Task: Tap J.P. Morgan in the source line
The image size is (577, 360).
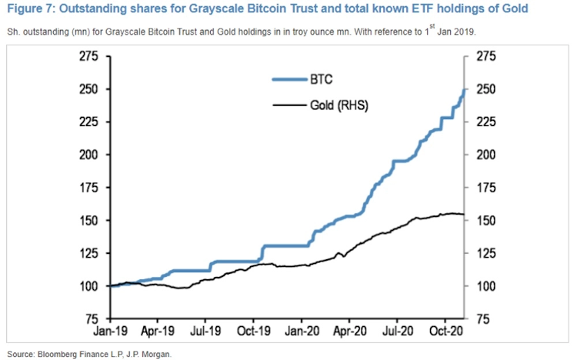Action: pyautogui.click(x=147, y=353)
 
